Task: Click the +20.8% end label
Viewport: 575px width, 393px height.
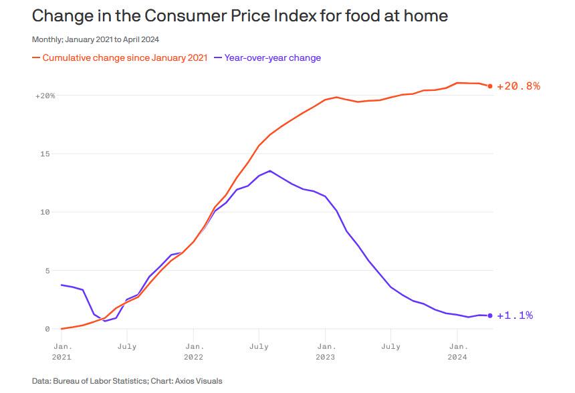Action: tap(518, 86)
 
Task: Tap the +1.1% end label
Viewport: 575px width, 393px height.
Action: tap(515, 315)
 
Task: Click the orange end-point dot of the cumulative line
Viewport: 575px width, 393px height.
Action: tap(490, 86)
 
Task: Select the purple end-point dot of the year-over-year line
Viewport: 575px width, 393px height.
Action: tap(490, 315)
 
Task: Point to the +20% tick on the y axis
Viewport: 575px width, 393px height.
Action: tap(45, 96)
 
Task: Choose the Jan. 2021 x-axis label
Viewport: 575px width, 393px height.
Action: tap(62, 352)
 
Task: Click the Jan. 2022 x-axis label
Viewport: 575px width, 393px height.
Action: tap(194, 352)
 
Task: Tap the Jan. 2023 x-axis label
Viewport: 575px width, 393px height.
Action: tap(326, 352)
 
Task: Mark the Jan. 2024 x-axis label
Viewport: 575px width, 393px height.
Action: tap(457, 352)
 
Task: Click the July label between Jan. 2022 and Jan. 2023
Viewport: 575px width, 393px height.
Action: tap(259, 347)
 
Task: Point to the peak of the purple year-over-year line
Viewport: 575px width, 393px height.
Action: tap(269, 170)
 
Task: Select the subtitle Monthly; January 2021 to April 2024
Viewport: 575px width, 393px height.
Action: tap(96, 39)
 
